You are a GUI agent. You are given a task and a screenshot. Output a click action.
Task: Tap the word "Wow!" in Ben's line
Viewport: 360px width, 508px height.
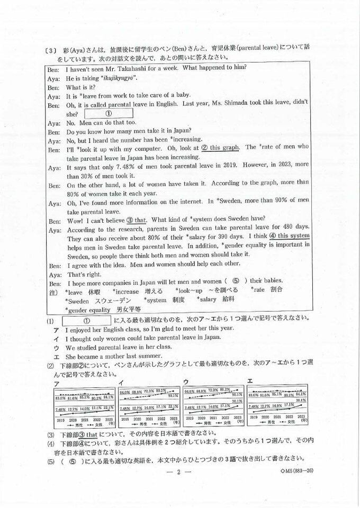[75, 220]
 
